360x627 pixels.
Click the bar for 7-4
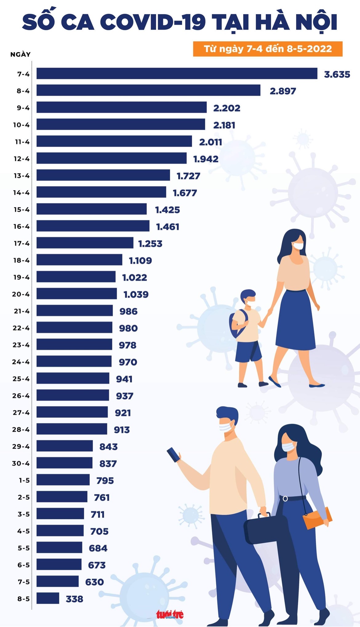click(x=177, y=74)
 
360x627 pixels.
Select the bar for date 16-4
click(x=93, y=226)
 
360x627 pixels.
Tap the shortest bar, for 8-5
click(x=48, y=598)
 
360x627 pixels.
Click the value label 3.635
click(x=337, y=74)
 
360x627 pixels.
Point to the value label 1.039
click(x=136, y=295)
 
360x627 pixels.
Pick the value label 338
click(x=74, y=599)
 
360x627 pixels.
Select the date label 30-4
click(x=21, y=463)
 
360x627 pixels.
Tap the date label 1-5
click(x=24, y=480)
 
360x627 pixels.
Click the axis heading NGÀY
click(x=21, y=54)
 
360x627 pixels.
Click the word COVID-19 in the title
click(x=153, y=22)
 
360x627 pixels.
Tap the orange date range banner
click(x=268, y=49)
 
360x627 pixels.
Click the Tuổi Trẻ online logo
click(x=170, y=614)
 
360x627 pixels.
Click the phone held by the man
click(x=174, y=454)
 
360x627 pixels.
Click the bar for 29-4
click(x=65, y=446)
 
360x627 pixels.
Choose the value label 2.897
click(x=283, y=91)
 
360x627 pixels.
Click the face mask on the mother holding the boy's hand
click(x=298, y=246)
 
